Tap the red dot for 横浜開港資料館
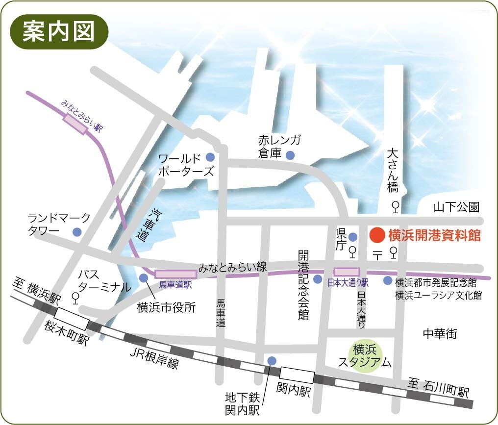[377, 235]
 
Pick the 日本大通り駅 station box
[347, 272]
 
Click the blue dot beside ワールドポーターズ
[210, 157]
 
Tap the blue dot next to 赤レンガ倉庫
[290, 155]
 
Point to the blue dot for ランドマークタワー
[77, 232]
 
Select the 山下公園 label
[456, 208]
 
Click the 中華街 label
[440, 334]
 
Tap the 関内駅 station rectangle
[296, 375]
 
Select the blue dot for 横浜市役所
[144, 278]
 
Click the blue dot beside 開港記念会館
[318, 279]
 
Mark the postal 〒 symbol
[377, 254]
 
